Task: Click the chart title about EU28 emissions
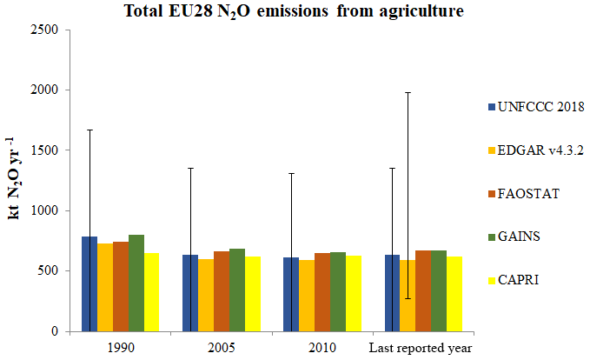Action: pyautogui.click(x=294, y=11)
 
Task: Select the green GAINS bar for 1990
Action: pyautogui.click(x=136, y=283)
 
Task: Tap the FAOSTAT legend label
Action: pyautogui.click(x=529, y=193)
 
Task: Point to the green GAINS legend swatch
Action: pyautogui.click(x=491, y=236)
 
